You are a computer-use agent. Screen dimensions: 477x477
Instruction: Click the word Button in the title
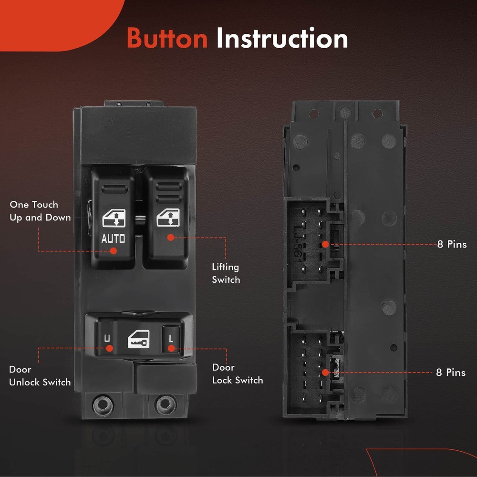(167, 38)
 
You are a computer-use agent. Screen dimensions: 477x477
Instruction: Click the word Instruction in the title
(282, 38)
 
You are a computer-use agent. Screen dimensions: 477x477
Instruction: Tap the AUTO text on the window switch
(113, 238)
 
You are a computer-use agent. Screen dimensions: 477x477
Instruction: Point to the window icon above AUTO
(114, 218)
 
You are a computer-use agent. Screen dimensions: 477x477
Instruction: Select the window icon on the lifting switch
(168, 218)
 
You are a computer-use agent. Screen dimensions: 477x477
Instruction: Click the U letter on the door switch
(107, 338)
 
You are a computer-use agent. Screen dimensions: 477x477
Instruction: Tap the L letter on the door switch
(171, 338)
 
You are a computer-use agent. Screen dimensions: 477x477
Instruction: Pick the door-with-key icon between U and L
(139, 339)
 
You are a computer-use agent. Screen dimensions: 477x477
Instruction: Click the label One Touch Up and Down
(40, 211)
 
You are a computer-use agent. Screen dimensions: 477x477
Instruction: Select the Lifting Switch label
(226, 273)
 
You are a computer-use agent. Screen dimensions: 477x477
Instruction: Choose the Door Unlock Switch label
(40, 376)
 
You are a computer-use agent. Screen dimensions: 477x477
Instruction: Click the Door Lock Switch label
(238, 373)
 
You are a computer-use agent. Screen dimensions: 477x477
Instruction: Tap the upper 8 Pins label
(452, 244)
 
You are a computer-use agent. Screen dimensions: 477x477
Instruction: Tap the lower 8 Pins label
(451, 373)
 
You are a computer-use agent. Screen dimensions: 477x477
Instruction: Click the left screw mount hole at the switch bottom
(103, 405)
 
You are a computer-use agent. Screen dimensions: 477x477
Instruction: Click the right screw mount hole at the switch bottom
(166, 405)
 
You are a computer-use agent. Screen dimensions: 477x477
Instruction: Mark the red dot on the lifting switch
(171, 237)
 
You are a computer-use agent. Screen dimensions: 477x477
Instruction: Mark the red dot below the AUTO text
(114, 251)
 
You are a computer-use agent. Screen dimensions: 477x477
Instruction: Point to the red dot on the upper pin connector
(325, 244)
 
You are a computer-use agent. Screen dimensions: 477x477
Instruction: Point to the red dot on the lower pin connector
(325, 373)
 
